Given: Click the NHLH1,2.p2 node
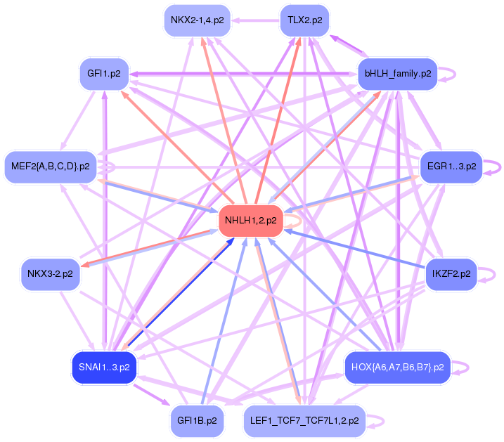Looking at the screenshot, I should coord(251,221).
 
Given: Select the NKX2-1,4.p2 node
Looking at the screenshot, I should coord(197,20).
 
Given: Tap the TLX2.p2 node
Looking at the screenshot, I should coord(304,20).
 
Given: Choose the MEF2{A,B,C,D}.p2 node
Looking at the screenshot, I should coord(51,167).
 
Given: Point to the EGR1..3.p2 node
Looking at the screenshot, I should coord(451,167).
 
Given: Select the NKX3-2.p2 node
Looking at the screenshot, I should coord(50,273).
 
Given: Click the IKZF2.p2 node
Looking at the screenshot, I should coord(452,273).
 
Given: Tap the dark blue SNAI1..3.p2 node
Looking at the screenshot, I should coord(103,368).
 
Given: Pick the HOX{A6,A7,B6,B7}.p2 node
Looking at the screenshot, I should coord(397,368).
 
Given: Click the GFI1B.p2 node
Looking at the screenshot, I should coord(197,420).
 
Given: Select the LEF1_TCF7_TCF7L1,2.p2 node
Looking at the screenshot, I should coord(304,420).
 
